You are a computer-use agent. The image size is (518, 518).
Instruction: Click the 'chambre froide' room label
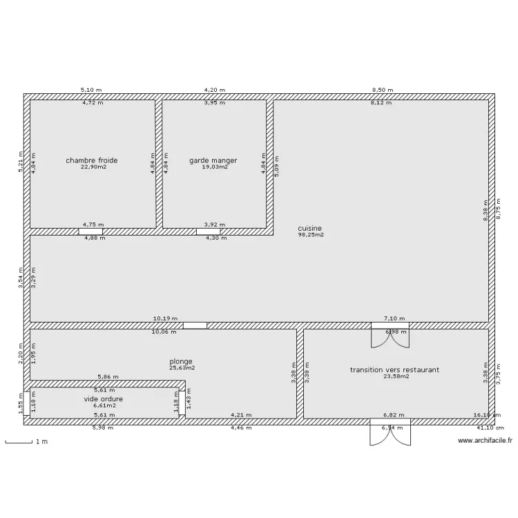(92, 160)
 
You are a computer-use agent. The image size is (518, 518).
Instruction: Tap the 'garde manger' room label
(213, 160)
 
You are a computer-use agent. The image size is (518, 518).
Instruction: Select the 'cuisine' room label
(310, 228)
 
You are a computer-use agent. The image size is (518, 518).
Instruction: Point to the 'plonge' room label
(181, 361)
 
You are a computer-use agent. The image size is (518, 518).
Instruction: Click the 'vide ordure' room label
(104, 399)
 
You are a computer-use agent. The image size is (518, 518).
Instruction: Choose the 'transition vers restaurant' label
(394, 370)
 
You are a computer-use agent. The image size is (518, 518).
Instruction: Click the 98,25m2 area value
(310, 235)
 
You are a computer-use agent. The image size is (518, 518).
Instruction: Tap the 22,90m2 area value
(92, 167)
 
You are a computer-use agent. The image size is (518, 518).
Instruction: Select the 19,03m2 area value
(214, 167)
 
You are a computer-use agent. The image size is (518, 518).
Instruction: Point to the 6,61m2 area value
(104, 405)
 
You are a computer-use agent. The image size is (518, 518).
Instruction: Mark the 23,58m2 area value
(396, 376)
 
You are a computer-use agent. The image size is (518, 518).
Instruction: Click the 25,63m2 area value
(182, 368)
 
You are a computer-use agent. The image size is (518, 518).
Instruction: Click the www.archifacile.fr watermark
(485, 441)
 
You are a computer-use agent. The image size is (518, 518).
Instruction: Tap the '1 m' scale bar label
(43, 441)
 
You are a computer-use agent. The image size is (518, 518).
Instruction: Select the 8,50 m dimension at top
(382, 90)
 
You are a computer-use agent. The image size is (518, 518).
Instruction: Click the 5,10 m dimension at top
(91, 90)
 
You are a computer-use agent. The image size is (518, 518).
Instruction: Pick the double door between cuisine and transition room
(390, 337)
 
